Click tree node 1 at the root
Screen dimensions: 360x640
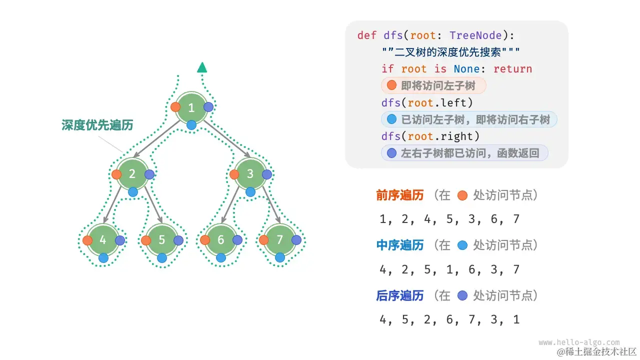(191, 107)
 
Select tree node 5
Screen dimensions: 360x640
(162, 240)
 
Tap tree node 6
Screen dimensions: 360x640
(221, 240)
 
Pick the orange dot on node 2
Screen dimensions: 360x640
(117, 174)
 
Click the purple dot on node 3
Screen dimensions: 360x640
(266, 174)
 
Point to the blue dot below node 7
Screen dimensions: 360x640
(280, 257)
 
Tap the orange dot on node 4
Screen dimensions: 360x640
(87, 240)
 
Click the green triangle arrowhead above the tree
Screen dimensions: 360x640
(202, 67)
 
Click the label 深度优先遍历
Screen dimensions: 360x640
(97, 125)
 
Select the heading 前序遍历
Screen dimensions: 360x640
(400, 195)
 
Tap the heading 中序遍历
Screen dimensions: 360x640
(400, 245)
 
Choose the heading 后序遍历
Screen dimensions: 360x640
(400, 295)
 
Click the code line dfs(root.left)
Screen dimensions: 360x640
(427, 102)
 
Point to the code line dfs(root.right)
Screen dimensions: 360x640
(430, 136)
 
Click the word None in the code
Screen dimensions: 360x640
(466, 69)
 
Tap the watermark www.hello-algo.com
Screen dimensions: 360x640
(579, 342)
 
